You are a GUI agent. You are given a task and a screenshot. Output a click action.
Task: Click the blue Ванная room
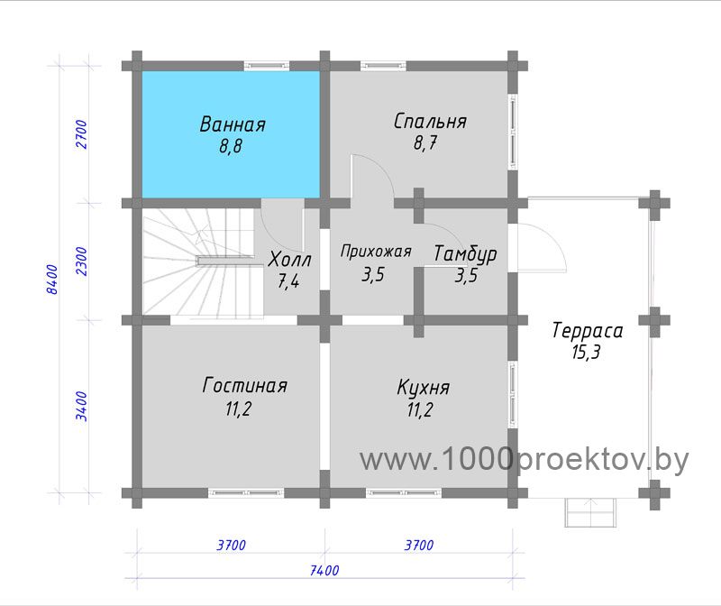[231, 134]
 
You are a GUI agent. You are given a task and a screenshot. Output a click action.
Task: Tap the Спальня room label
[430, 122]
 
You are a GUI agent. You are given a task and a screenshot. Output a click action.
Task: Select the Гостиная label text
[244, 386]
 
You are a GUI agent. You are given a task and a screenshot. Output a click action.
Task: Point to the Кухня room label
[423, 388]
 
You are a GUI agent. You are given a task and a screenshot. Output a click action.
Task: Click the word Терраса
[588, 331]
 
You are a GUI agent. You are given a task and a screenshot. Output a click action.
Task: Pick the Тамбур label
[465, 254]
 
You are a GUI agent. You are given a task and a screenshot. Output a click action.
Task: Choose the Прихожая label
[376, 252]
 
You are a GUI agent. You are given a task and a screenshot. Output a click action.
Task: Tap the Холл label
[289, 260]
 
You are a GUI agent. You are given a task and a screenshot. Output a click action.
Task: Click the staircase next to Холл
[203, 263]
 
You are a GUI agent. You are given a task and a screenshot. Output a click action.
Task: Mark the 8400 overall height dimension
[52, 280]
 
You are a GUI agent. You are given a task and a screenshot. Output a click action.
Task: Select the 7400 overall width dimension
[324, 571]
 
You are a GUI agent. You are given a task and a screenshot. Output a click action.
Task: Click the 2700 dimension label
[81, 133]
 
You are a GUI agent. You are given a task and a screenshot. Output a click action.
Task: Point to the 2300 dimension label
[81, 261]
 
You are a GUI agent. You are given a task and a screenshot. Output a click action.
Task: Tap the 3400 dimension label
[81, 406]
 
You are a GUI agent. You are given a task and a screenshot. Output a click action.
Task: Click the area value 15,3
[587, 353]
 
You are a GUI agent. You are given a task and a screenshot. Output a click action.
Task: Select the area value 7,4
[288, 280]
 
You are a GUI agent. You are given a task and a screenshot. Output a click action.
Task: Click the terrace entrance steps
[590, 512]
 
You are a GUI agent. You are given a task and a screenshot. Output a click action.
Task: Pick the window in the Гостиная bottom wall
[246, 492]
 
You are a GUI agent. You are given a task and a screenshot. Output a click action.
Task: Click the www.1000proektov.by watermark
[525, 459]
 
